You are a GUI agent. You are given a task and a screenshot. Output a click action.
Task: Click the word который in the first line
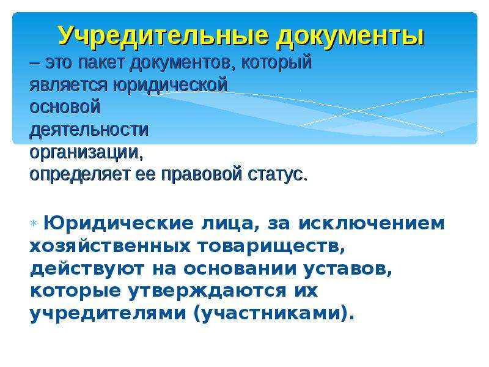coord(276,63)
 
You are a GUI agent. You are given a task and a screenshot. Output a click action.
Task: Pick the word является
coord(68,85)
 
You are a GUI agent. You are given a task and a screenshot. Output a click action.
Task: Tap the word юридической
coord(170,86)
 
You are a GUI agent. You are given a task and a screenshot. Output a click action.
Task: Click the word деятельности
coord(89,130)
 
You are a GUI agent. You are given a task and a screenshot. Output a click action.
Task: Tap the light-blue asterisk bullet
coord(34,223)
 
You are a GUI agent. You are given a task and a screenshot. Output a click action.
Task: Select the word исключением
coord(372,223)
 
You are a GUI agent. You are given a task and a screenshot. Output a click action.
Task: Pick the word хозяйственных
coord(110,247)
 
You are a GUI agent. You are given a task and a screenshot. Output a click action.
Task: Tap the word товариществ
coord(271,247)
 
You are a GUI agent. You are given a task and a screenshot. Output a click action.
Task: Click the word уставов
coord(348,269)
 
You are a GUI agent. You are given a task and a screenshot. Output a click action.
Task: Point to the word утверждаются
coord(207,291)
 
